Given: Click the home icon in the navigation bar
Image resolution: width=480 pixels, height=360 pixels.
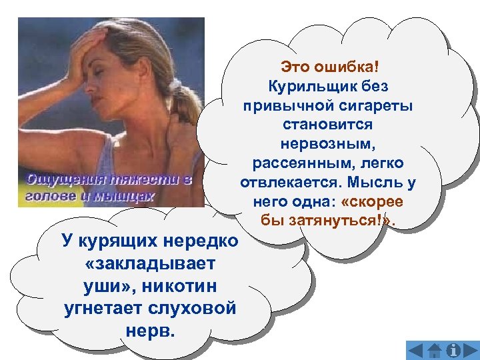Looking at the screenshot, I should tap(435, 351).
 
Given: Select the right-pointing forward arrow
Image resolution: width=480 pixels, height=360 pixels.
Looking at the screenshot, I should tap(471, 351).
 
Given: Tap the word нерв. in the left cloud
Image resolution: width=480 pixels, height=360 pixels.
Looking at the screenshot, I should tap(150, 331).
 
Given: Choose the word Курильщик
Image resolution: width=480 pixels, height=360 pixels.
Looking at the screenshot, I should tap(307, 86).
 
